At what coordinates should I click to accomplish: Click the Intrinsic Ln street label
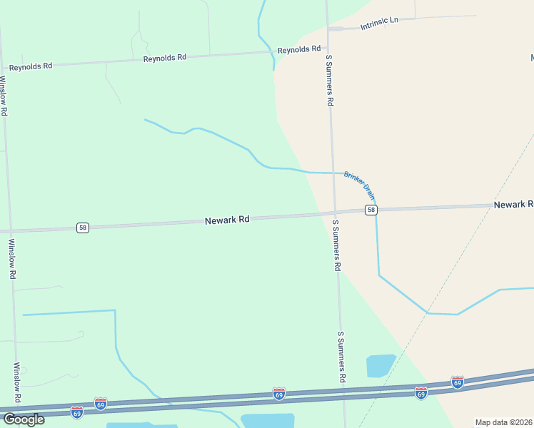(x=379, y=22)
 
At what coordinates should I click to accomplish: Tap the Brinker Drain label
(x=360, y=184)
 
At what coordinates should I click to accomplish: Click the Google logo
(x=24, y=419)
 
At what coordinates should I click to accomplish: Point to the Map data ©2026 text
(x=503, y=422)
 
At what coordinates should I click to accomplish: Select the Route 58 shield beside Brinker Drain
(x=371, y=209)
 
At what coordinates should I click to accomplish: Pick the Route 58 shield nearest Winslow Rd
(x=84, y=228)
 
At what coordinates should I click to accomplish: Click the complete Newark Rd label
(x=226, y=220)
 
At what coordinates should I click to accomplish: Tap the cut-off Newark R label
(x=513, y=205)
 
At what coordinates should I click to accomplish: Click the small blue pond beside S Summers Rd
(x=381, y=365)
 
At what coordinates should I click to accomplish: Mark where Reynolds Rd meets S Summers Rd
(x=328, y=50)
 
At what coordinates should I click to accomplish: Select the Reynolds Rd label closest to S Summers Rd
(x=299, y=50)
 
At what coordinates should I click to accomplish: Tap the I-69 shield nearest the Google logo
(x=76, y=412)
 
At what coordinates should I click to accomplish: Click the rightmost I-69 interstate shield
(x=458, y=382)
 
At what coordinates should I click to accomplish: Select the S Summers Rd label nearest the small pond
(x=342, y=358)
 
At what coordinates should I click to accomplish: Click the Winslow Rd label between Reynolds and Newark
(x=4, y=96)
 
